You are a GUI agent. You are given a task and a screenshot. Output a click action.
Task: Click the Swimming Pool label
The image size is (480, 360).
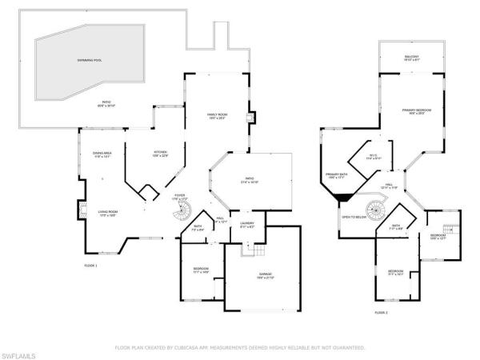89,61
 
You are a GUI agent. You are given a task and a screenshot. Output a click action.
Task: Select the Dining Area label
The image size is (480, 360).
102,154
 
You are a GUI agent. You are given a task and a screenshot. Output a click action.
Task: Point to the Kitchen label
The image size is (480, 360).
160,154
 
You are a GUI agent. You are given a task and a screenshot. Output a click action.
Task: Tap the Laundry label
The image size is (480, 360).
247,225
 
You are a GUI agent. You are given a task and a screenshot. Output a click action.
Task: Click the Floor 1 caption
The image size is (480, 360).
90,265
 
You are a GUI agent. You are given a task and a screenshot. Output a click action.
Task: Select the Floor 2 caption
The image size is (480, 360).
381,313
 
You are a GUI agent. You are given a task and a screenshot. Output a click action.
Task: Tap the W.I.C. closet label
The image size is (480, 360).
374,157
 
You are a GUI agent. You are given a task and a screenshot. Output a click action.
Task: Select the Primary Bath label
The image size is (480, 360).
336,175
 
